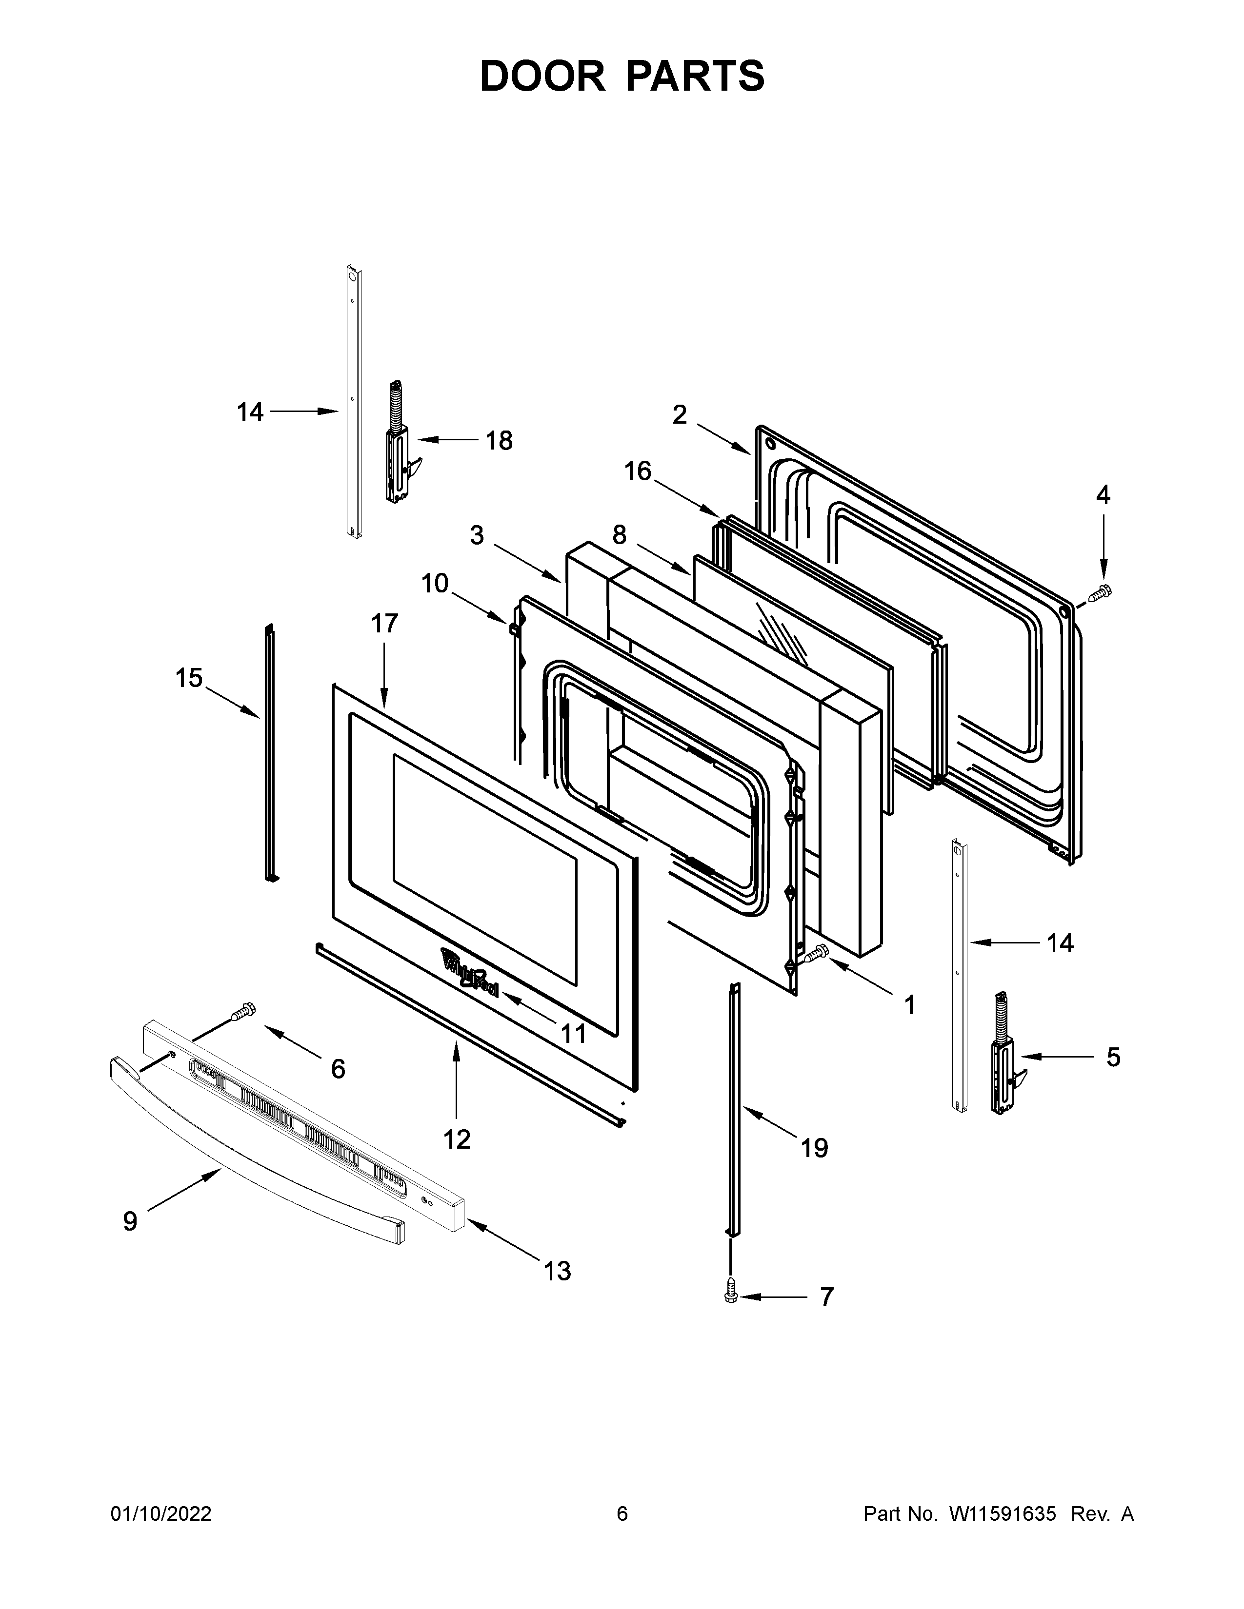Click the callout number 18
point(499,441)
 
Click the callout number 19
point(814,1148)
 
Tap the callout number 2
point(680,415)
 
